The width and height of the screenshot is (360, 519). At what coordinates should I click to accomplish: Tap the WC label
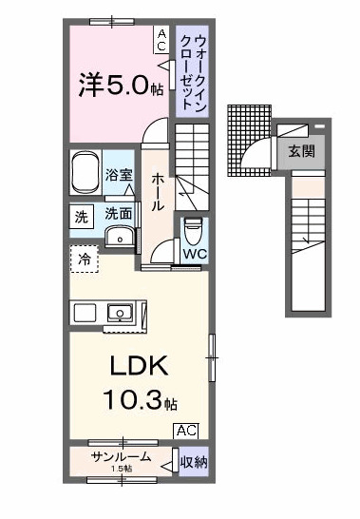coord(195,254)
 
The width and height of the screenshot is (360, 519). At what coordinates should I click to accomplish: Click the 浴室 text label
coord(119,175)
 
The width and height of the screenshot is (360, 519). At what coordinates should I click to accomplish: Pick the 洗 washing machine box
coord(81,217)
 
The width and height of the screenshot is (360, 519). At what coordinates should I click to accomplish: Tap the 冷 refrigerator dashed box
coord(82,258)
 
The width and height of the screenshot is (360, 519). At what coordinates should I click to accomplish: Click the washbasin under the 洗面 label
coord(118,236)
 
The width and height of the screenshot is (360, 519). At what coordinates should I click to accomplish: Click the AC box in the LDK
coord(186,431)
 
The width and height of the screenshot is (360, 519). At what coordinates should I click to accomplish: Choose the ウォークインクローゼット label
coord(192,71)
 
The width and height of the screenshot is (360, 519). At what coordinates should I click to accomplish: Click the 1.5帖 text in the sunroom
coord(121,470)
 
